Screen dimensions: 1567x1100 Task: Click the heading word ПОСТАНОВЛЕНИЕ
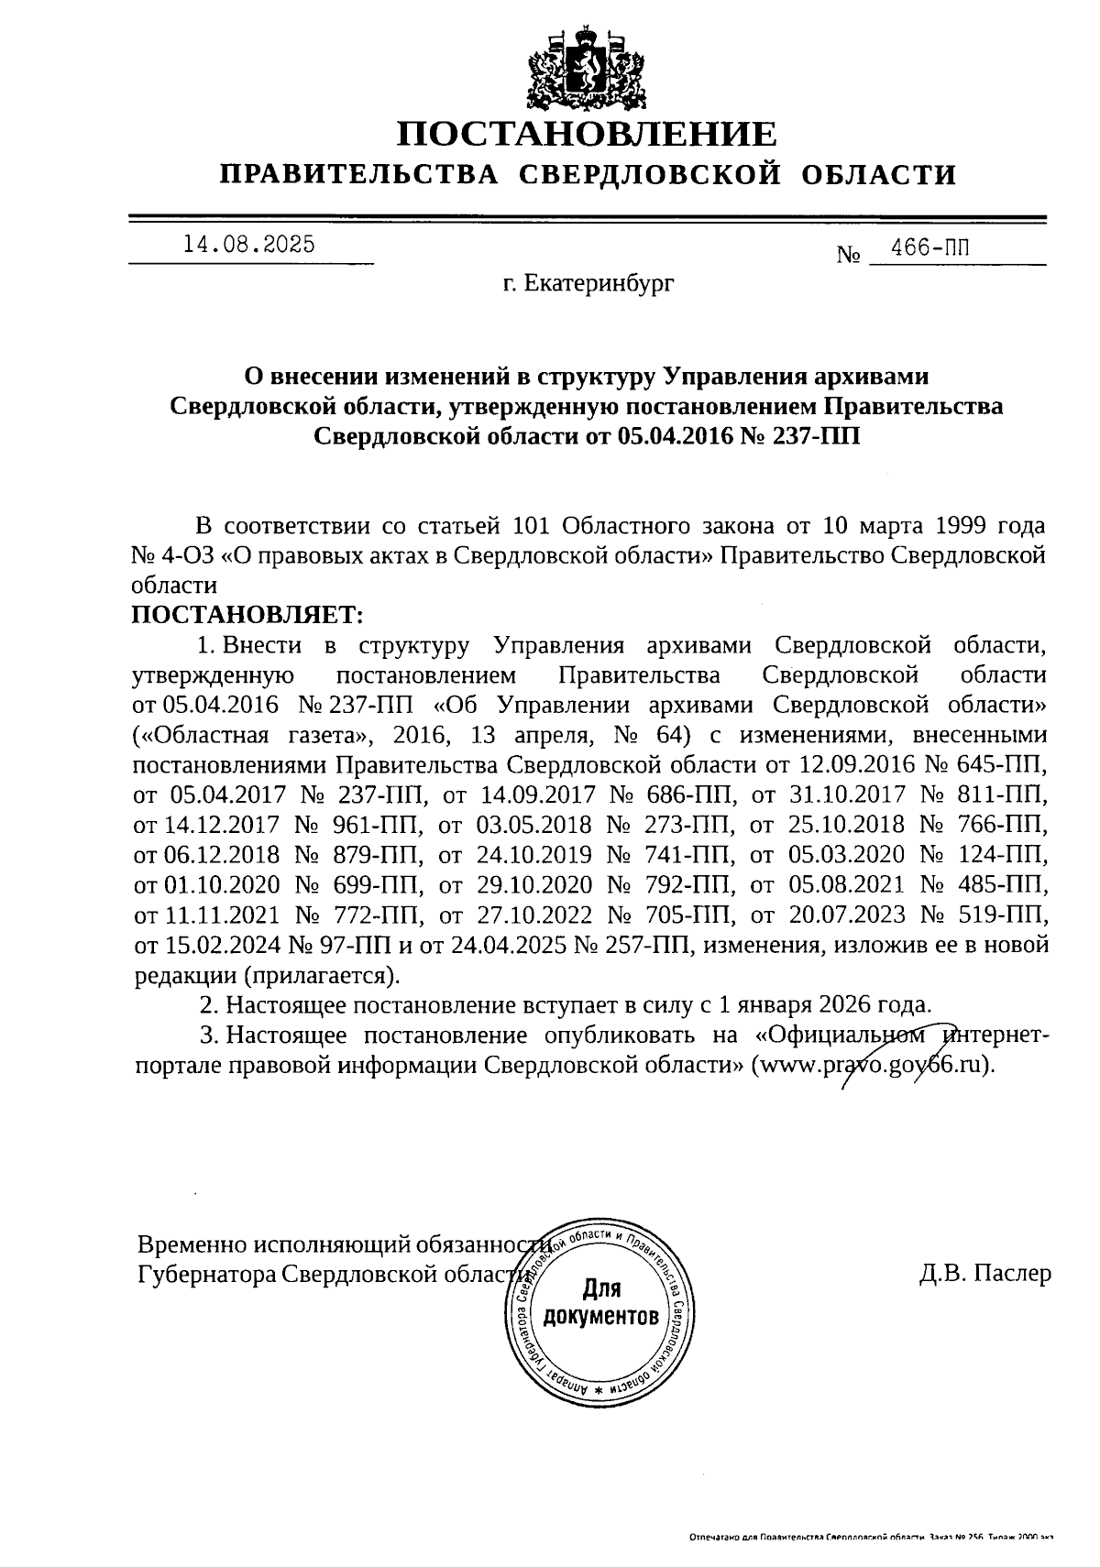pos(587,135)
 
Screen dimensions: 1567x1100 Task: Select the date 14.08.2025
pos(249,244)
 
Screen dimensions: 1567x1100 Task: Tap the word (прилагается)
pos(322,974)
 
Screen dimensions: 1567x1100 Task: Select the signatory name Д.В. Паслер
pos(984,1274)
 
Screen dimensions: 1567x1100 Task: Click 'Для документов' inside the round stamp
pos(600,1303)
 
